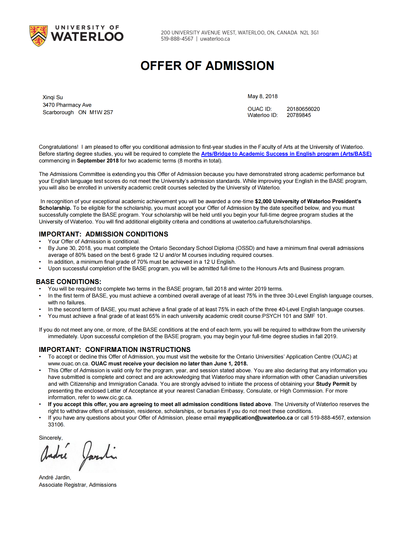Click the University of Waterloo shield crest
[x=38, y=36]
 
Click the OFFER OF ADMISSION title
[x=207, y=66]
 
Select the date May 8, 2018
[x=262, y=96]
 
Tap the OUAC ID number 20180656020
[x=303, y=109]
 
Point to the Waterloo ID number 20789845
[x=299, y=115]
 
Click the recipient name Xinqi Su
[x=53, y=97]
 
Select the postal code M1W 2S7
[x=101, y=112]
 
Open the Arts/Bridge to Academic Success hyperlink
[x=286, y=154]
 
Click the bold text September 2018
[x=98, y=161]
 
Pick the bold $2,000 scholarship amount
[x=263, y=201]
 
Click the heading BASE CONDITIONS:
[x=69, y=282]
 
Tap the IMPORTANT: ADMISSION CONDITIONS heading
[x=103, y=234]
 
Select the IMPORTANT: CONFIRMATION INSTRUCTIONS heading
[x=115, y=350]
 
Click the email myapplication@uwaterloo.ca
[x=255, y=418]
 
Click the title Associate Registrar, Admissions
[x=78, y=485]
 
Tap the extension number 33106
[x=56, y=425]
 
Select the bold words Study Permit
[x=333, y=384]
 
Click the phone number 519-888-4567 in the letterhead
[x=177, y=39]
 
